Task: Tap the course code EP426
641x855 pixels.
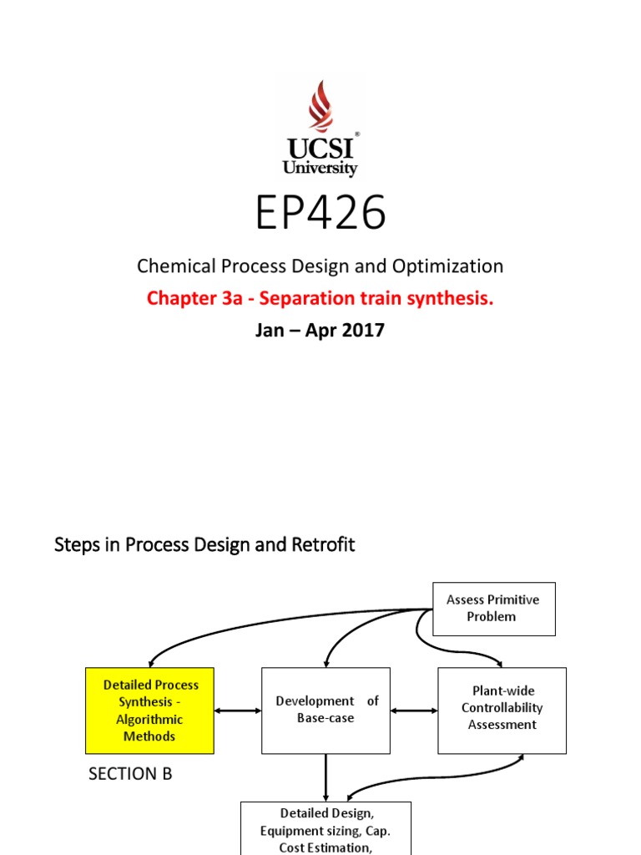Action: point(320,214)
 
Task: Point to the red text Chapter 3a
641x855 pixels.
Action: point(193,298)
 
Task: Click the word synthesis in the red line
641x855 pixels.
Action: point(453,298)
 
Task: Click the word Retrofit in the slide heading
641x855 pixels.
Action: point(326,545)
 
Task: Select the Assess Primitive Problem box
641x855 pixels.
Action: point(492,609)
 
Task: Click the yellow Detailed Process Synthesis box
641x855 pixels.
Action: point(150,711)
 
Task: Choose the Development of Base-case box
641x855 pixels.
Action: point(326,710)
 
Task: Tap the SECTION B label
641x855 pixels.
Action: point(130,774)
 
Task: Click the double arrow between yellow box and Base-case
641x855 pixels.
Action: point(238,711)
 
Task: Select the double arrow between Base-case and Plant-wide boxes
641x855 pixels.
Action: point(414,711)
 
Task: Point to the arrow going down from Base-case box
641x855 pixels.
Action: point(326,777)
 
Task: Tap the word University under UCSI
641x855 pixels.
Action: point(320,169)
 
